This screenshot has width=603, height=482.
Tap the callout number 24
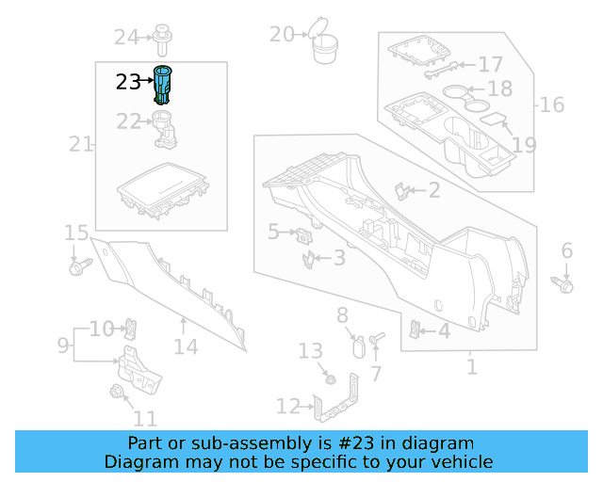click(125, 37)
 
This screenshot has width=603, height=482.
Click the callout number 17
click(490, 64)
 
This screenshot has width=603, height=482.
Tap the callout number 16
click(552, 103)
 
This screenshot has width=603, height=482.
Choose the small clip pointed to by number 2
click(402, 191)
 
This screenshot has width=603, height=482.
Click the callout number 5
click(273, 231)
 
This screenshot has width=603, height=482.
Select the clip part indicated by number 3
click(308, 258)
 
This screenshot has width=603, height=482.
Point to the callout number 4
click(443, 330)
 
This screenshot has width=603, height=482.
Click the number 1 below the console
click(471, 365)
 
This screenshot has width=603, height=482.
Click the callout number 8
click(342, 315)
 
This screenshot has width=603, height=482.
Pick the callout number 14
click(186, 346)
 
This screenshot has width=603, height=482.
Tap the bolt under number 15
click(76, 267)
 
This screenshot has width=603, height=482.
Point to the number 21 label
click(80, 144)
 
